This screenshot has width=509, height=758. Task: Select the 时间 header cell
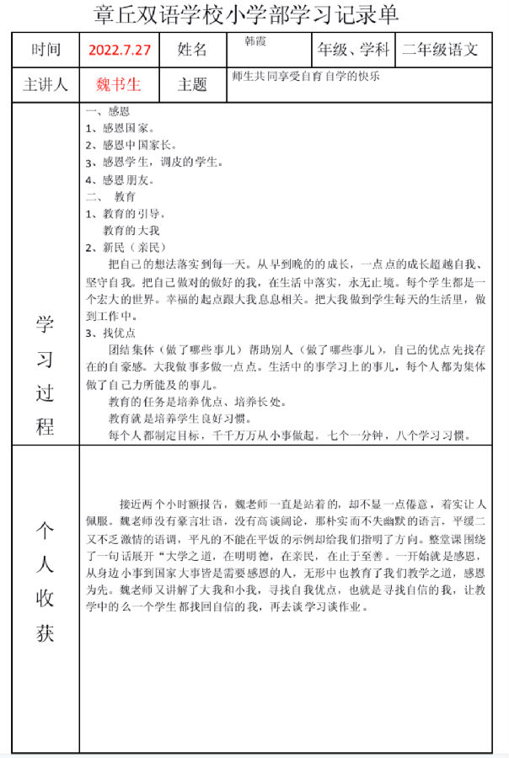pos(46,50)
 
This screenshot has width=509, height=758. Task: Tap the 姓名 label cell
pos(192,50)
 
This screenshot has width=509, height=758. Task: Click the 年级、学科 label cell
pos(354,50)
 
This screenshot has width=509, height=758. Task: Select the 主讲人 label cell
pos(46,85)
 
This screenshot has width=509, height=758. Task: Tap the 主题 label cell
pos(192,85)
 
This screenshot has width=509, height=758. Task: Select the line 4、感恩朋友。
pos(120,179)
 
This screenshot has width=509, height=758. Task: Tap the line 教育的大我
pos(131,230)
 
